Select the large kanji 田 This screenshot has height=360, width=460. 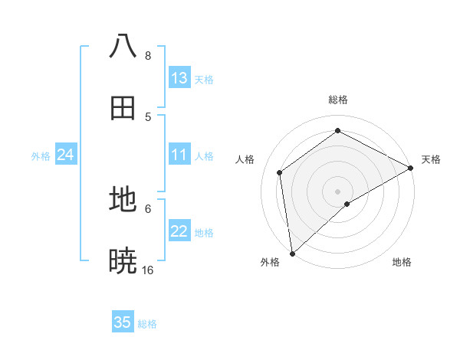123,108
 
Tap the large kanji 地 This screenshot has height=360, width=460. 123,200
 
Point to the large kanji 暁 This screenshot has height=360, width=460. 123,261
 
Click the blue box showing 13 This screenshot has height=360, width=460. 179,78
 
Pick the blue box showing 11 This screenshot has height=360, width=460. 179,155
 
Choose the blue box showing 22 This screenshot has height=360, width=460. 179,231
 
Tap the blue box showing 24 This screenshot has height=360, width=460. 65,155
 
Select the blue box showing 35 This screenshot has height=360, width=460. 123,322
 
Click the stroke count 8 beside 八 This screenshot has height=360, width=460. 148,56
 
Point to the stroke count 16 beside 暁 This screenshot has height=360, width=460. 148,270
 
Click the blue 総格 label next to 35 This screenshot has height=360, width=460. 147,324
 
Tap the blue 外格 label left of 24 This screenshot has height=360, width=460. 41,156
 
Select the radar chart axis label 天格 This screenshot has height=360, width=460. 431,159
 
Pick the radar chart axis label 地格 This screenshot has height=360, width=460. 402,262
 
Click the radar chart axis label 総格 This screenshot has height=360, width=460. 337,100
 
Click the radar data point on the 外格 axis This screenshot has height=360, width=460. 292,253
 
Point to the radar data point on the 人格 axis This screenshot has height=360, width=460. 280,172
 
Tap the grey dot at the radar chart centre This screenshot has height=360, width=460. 337,191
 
